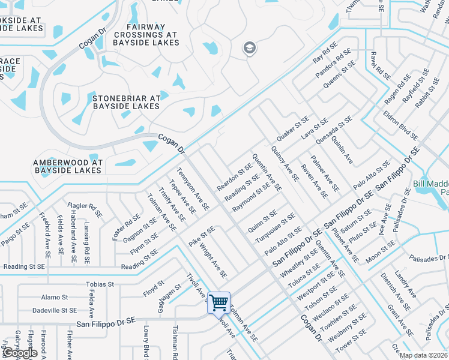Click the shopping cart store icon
[x=219, y=302]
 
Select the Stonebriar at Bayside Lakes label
[x=126, y=101]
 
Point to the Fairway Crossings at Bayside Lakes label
[x=145, y=35]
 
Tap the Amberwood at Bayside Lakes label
[x=68, y=166]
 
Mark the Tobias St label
[x=100, y=284]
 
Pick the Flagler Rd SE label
[x=87, y=208]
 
